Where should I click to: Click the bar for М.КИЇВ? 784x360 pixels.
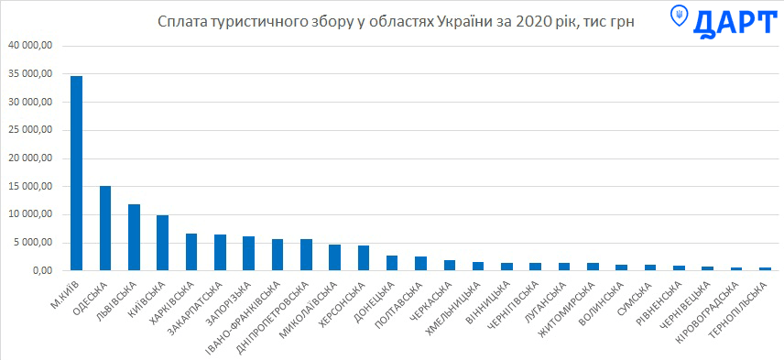pyautogui.click(x=77, y=173)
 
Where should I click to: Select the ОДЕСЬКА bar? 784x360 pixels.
pyautogui.click(x=105, y=228)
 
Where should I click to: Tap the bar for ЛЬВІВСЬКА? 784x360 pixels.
pyautogui.click(x=134, y=237)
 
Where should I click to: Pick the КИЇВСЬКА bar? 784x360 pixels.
pyautogui.click(x=162, y=243)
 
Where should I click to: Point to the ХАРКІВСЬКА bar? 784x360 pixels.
pyautogui.click(x=191, y=252)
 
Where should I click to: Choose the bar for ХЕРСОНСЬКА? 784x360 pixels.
pyautogui.click(x=364, y=258)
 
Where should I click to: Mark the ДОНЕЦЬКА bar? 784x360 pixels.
pyautogui.click(x=392, y=263)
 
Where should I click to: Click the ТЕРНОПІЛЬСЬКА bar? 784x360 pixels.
pyautogui.click(x=765, y=269)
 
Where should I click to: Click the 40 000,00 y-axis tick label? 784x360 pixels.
pyautogui.click(x=31, y=46)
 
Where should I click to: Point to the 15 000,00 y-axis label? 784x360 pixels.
pyautogui.click(x=31, y=187)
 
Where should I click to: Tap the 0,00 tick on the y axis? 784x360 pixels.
pyautogui.click(x=41, y=271)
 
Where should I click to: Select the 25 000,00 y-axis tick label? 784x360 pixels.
pyautogui.click(x=31, y=130)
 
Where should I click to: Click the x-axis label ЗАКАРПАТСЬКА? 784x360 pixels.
pyautogui.click(x=196, y=309)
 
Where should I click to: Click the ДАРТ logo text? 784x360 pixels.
pyautogui.click(x=735, y=23)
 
